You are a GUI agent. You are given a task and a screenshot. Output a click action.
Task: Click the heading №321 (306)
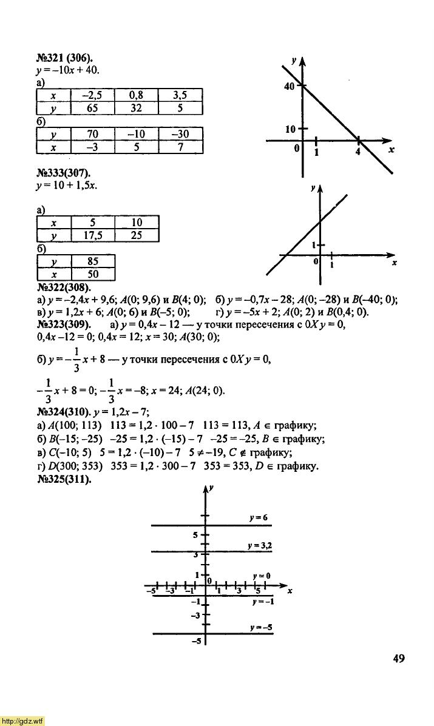click(x=63, y=59)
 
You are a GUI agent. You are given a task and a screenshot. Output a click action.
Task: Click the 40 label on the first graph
click(x=289, y=87)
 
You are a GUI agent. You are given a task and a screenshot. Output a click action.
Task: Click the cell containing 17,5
click(x=93, y=235)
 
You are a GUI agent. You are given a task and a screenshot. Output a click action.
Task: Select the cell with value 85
click(x=93, y=261)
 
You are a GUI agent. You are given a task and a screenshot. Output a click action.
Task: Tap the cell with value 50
click(x=93, y=274)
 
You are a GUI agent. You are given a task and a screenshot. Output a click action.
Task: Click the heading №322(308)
click(x=63, y=287)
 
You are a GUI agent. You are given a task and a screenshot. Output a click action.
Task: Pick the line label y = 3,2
click(x=259, y=546)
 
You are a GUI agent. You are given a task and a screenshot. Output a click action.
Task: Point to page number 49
click(x=398, y=659)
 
